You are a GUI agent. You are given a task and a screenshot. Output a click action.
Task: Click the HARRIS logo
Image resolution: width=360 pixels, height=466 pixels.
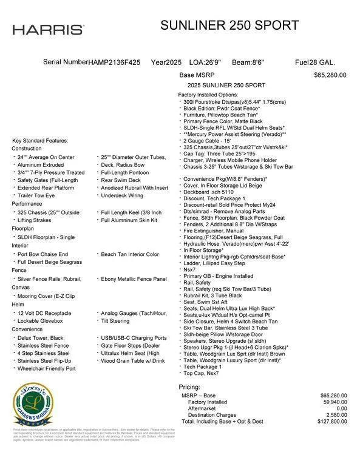pos(48,30)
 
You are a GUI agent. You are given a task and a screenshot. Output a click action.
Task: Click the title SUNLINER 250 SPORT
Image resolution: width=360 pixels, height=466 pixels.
pos(229,25)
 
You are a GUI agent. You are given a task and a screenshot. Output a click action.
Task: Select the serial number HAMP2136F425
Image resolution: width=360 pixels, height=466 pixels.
pos(115,62)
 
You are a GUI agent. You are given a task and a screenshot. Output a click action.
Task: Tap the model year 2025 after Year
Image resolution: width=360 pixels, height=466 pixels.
pos(174,62)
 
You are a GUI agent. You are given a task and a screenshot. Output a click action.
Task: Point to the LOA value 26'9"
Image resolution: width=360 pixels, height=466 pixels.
pos(213,62)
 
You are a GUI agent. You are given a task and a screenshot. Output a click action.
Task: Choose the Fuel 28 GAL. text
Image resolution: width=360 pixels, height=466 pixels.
pos(314,62)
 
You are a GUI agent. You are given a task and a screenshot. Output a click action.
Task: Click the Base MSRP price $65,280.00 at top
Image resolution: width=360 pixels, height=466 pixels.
pos(330,75)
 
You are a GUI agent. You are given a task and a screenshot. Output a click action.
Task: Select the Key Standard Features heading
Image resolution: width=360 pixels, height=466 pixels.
pos(40,141)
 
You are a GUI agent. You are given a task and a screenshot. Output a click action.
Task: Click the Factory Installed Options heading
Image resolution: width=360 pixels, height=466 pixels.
pos(208,95)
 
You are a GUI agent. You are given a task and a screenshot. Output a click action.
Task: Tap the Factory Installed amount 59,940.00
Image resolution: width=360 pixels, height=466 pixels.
pos(333,402)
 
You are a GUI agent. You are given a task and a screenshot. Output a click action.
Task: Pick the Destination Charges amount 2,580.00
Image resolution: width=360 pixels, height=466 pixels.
pos(335,415)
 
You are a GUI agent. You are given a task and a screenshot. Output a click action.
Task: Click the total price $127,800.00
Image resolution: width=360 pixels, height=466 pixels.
pos(332,421)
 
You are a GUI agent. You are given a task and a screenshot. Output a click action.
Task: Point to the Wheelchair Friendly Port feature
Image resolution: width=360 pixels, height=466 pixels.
pos(47,368)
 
